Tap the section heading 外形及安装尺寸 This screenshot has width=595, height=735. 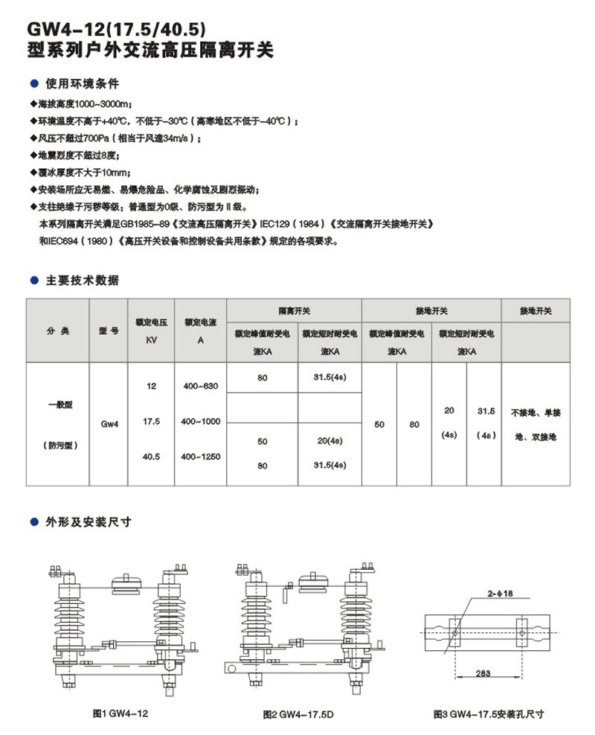[x=89, y=522]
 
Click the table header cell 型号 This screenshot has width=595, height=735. [x=109, y=330]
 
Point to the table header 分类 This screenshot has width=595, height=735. [x=57, y=330]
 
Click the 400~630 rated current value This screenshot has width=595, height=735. [x=200, y=386]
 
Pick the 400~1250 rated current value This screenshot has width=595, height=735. [x=200, y=456]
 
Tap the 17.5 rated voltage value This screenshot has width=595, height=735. [x=151, y=421]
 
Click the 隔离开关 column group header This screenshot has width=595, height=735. [x=294, y=310]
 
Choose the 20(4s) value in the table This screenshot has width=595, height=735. [x=329, y=441]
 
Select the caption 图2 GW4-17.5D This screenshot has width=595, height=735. [x=298, y=714]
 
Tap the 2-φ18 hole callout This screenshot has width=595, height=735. [x=502, y=594]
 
